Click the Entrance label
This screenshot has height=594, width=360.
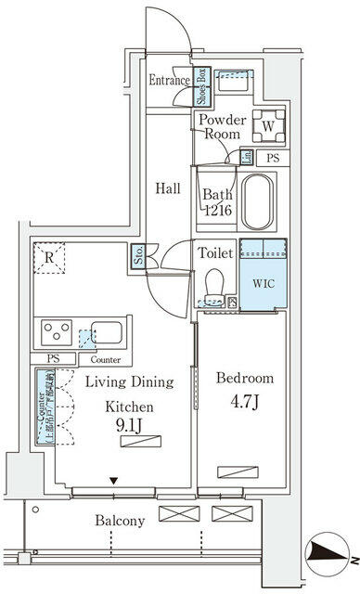[x=169, y=81]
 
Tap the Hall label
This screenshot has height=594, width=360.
[x=167, y=187]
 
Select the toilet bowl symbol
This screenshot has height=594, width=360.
[x=213, y=283]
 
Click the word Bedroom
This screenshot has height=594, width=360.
[x=244, y=378]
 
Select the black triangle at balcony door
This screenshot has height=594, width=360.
[x=112, y=481]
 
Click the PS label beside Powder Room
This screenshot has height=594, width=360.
[x=273, y=159]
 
